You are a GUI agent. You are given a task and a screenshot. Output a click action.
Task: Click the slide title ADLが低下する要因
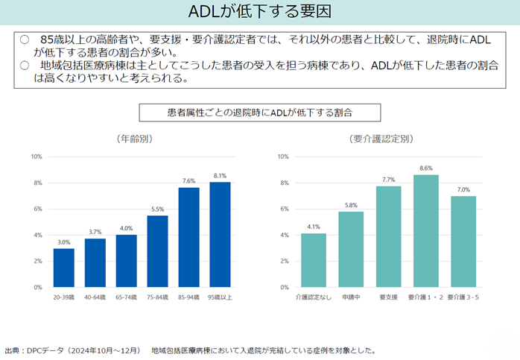point(260,13)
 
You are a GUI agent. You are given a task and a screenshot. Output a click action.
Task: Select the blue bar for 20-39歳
point(64,268)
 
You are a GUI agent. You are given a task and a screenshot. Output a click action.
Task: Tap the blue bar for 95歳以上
point(220,235)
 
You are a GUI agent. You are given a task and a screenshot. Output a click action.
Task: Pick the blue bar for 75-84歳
point(157,251)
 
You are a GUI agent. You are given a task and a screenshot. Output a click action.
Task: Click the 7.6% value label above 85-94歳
point(188,181)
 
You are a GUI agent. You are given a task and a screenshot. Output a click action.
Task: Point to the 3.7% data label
point(95,233)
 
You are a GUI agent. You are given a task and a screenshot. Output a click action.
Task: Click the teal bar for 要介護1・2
point(425,231)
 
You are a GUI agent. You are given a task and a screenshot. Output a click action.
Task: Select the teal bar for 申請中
point(351,250)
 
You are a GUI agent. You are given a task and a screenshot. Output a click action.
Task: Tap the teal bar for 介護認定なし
point(313,260)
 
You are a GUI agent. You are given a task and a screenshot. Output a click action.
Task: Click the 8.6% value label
point(425,168)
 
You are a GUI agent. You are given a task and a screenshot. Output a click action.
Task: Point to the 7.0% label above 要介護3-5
point(463,190)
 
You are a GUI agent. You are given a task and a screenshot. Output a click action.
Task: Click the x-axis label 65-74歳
point(126,297)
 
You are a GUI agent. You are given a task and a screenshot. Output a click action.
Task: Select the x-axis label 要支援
point(388,297)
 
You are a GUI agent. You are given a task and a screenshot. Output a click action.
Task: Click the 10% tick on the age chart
point(37,157)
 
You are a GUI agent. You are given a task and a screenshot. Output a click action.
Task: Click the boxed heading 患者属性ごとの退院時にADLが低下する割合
point(260,113)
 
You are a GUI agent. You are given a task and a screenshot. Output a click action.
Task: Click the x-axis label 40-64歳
point(95,297)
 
